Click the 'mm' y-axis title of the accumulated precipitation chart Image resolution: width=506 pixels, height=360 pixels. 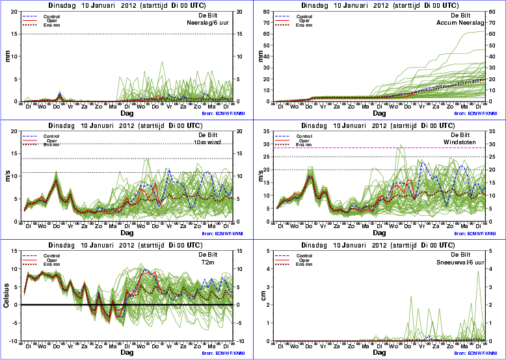pyautogui.click(x=263, y=57)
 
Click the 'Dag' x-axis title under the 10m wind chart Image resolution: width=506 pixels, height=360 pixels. pyautogui.click(x=126, y=233)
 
